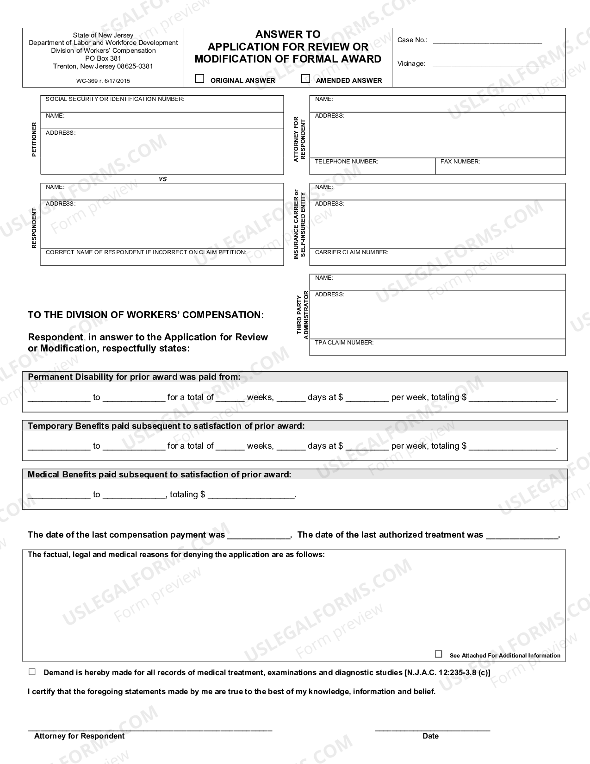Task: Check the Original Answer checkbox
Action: point(199,79)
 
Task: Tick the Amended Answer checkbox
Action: point(305,79)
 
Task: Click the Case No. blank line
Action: point(487,41)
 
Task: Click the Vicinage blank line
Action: point(487,65)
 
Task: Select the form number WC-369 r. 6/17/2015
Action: point(103,81)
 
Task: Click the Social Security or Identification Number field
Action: point(162,106)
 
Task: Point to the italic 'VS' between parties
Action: point(162,179)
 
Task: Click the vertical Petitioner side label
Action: point(34,139)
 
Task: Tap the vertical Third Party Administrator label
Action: point(303,315)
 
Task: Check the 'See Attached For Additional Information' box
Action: point(438,654)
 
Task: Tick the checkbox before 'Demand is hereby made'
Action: point(32,672)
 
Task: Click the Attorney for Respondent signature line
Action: point(150,729)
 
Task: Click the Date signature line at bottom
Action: point(432,729)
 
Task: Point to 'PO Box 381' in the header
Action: point(103,58)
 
